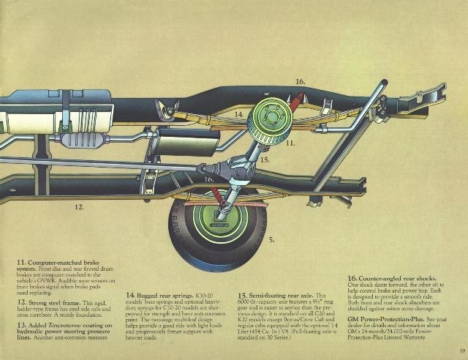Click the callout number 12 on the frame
click(79, 207)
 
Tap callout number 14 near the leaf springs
click(238, 114)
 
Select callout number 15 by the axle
click(265, 159)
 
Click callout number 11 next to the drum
click(290, 144)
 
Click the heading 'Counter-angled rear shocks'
click(395, 279)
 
